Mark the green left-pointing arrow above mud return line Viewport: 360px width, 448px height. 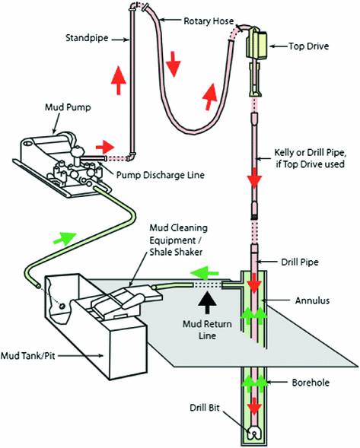point(199,272)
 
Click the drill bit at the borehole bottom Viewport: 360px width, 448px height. point(254,434)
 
